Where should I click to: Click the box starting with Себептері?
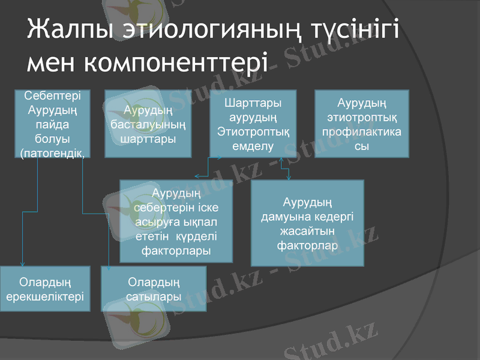pos(52,124)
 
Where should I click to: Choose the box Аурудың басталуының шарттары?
pos(148,124)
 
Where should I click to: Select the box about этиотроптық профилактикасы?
pos(362,124)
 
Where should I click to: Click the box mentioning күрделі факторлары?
pos(176,221)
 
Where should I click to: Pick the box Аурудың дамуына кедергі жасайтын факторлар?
pos(307,223)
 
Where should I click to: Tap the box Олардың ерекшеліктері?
pos(45,289)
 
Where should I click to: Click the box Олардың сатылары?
pos(154,289)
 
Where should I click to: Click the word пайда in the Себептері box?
pos(52,124)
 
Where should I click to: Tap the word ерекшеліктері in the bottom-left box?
pos(45,296)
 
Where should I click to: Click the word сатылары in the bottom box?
pos(154,296)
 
